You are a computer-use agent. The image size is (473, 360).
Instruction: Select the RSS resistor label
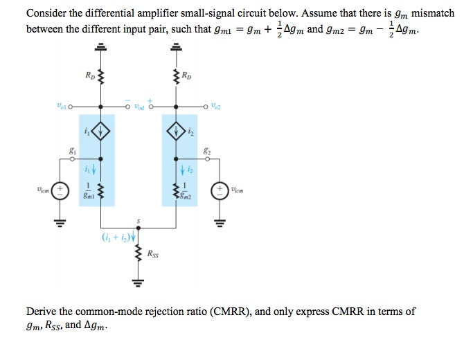152,255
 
